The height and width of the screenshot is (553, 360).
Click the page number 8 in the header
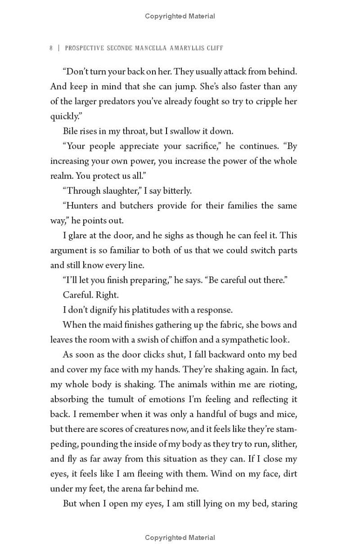[51, 48]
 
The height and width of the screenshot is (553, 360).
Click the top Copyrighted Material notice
[180, 16]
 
